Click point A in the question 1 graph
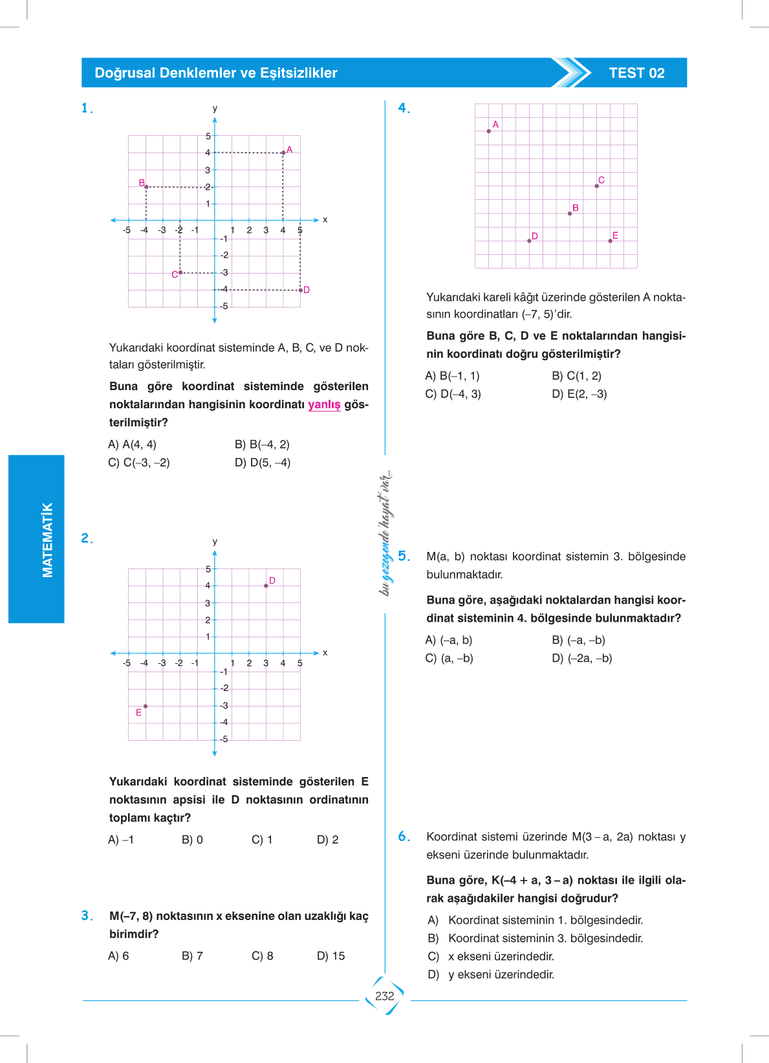click(283, 153)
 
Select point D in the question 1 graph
click(301, 290)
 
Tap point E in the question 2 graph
click(146, 706)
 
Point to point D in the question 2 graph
click(266, 586)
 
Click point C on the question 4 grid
click(597, 186)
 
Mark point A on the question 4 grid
click(489, 131)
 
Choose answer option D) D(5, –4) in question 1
click(263, 463)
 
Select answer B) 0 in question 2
click(192, 840)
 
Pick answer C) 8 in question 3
click(262, 956)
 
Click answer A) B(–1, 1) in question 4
click(452, 376)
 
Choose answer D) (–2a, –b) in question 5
click(581, 658)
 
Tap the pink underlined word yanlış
click(324, 404)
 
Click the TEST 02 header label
click(636, 73)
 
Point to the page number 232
click(385, 996)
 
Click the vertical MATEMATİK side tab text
click(47, 540)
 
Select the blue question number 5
click(404, 556)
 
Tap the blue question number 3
click(87, 915)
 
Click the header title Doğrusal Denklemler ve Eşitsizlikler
click(216, 73)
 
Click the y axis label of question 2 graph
click(215, 542)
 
